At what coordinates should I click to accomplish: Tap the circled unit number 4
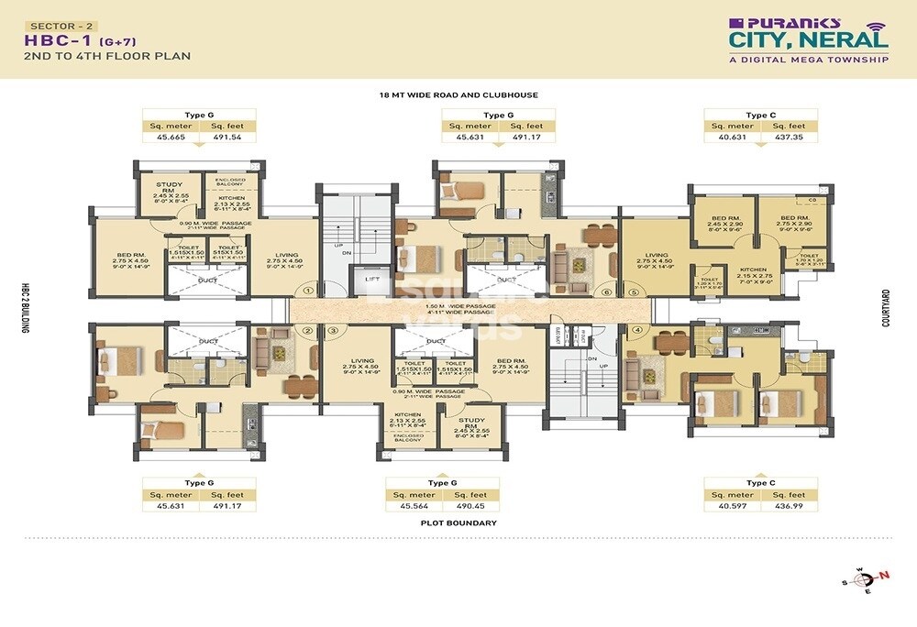tap(636, 330)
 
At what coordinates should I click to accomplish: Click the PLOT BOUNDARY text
tap(459, 523)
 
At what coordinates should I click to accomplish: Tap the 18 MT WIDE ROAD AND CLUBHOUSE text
tap(458, 94)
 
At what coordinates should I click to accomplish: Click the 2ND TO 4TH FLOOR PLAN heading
tap(108, 57)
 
